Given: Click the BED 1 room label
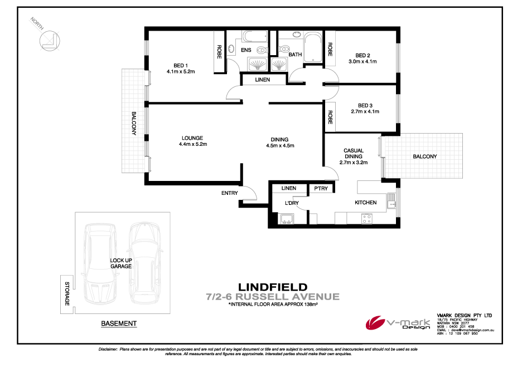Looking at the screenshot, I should pos(179,64).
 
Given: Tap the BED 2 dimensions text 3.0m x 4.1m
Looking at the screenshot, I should pos(362,62).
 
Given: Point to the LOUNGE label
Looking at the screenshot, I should pos(192,138).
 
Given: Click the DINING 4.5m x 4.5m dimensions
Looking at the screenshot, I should pos(280,146).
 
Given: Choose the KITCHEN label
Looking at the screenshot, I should pos(365,203).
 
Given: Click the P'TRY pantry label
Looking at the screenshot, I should pos(320,189).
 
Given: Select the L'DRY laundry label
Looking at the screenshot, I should pos(292,203).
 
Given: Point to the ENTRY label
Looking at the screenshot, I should pos(229,193).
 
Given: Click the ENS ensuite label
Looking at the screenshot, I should pos(246,50).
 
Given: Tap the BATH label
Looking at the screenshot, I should pos(295,55).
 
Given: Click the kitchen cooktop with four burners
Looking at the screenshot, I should pos(367,219).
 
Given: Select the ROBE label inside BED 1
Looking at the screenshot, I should pos(220,52).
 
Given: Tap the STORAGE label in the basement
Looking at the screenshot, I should pos(66,293).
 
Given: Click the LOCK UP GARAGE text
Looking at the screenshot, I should pos(120,263).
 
